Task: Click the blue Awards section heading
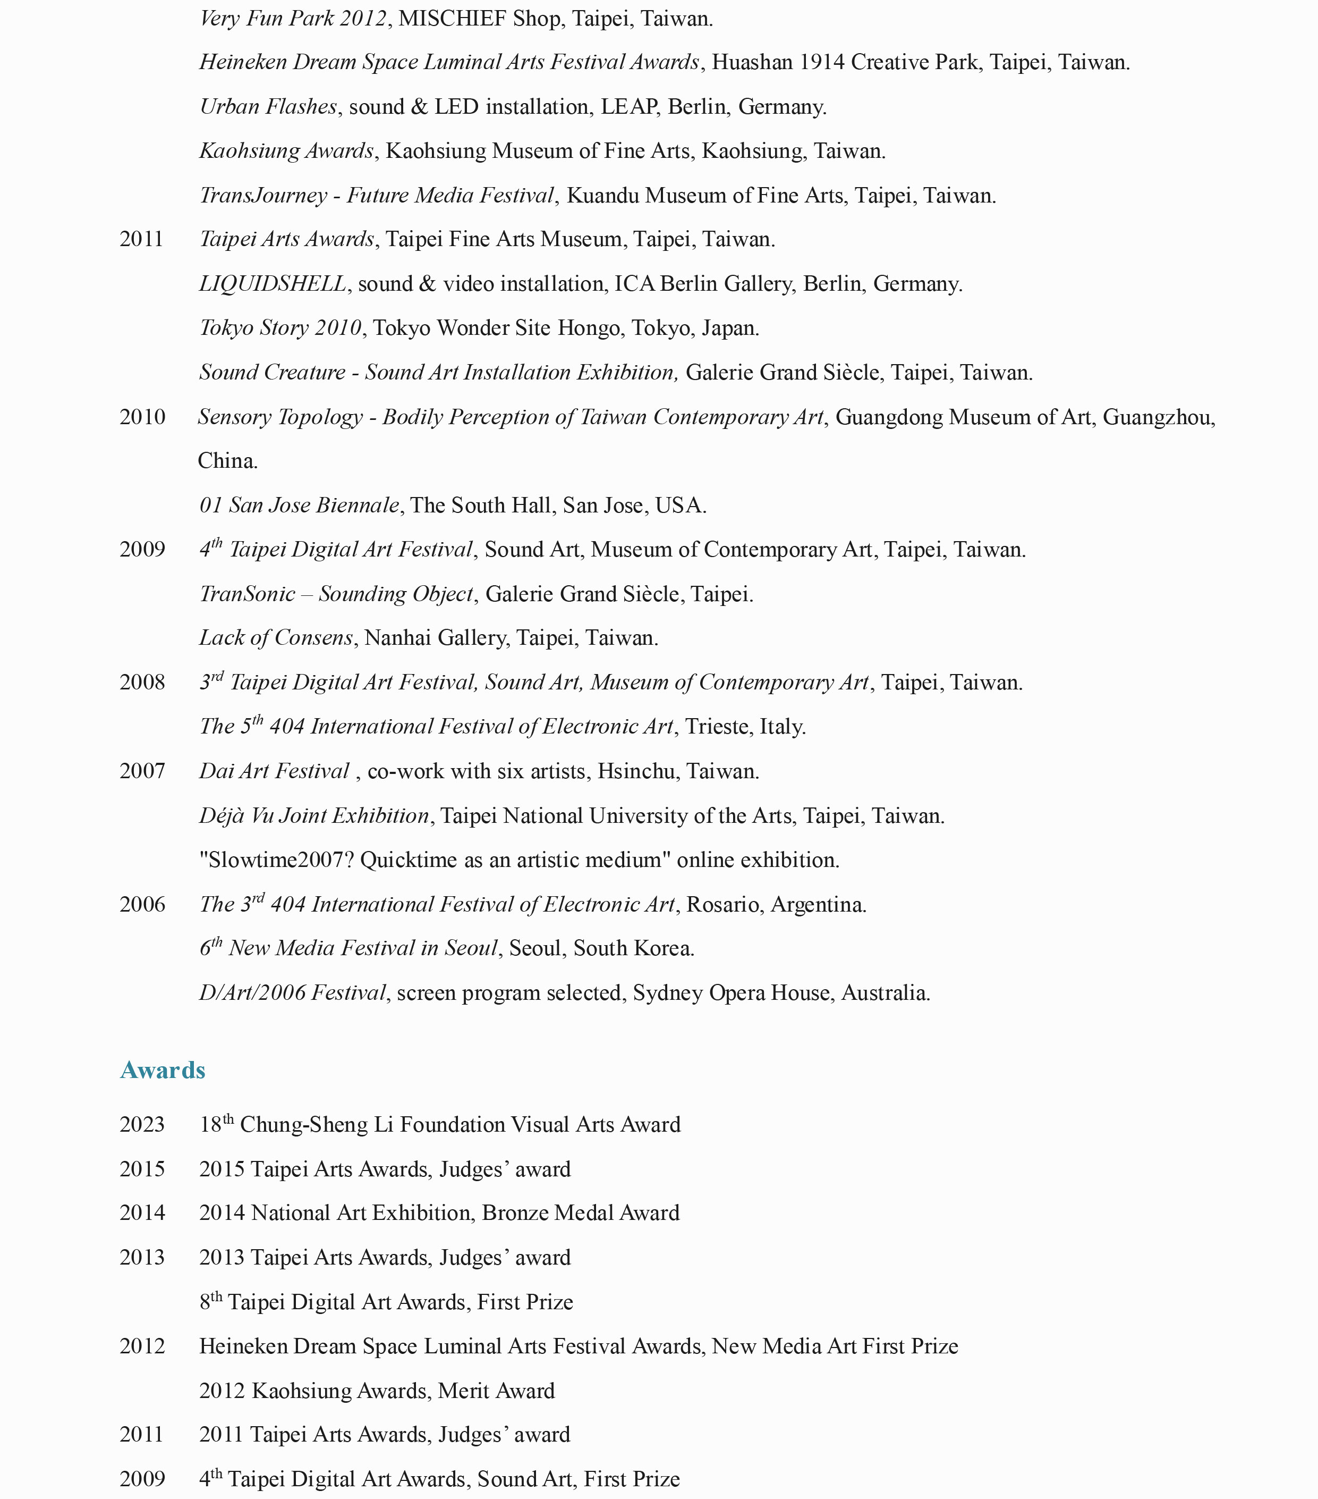tap(162, 1070)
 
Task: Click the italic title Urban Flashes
tap(268, 107)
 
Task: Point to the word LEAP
tap(628, 107)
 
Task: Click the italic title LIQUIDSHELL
tap(273, 284)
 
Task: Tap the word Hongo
tap(589, 328)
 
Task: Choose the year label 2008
tap(142, 683)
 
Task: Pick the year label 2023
tap(142, 1125)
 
